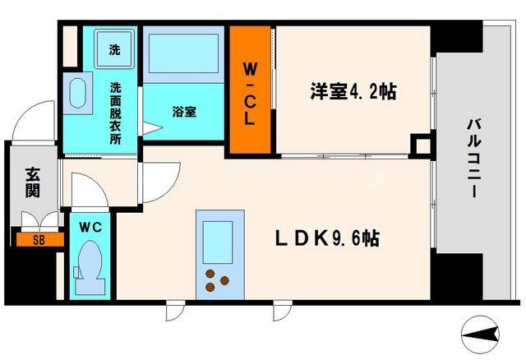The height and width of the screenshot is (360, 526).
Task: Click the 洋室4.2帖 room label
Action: pos(352,92)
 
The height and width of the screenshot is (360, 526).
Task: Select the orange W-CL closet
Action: pos(250,91)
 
